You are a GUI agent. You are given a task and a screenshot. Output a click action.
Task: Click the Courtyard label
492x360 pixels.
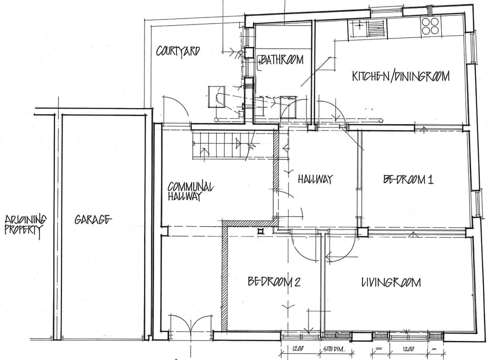point(178,51)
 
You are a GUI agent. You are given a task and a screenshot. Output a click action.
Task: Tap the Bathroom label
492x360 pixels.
point(282,60)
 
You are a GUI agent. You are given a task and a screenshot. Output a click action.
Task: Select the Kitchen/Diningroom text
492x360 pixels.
point(400,76)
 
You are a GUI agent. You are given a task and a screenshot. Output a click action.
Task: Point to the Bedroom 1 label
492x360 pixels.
point(408,179)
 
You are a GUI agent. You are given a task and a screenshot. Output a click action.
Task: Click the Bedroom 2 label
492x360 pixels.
point(274,282)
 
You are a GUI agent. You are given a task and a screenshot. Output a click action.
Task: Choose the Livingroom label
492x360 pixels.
point(391,282)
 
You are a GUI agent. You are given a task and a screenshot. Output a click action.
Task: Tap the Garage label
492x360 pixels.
point(93,220)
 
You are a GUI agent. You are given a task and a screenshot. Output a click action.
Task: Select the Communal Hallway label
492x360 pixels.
point(190,191)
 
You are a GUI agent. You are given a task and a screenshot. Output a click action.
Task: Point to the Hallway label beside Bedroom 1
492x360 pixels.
point(315,179)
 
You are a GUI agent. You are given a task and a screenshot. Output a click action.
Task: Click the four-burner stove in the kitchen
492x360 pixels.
point(430,26)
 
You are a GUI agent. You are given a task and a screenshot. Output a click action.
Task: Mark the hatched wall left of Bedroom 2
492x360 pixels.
point(224,277)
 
